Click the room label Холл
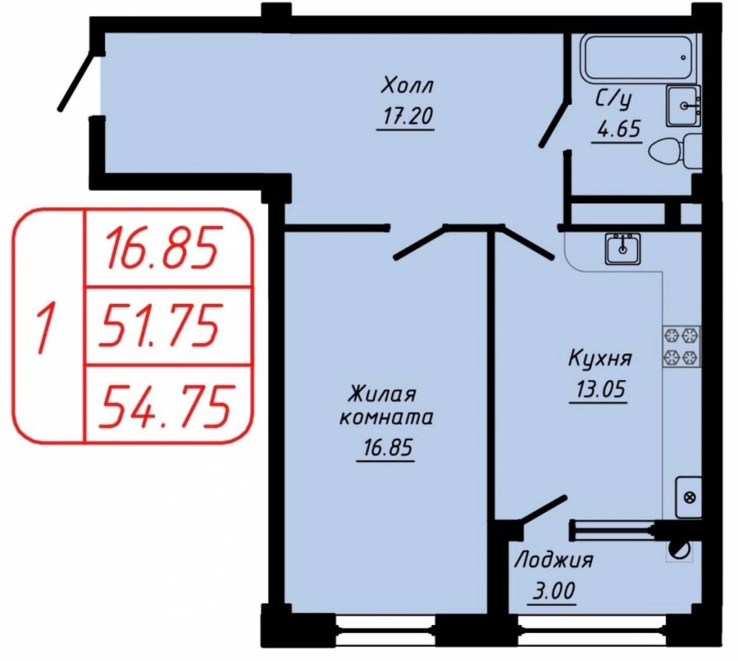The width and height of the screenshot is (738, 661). (x=407, y=86)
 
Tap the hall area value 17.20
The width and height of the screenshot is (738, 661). (x=407, y=117)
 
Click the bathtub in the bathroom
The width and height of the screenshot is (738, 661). (x=638, y=57)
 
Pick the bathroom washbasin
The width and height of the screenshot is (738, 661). (x=683, y=105)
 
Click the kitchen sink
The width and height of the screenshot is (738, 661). (x=623, y=249)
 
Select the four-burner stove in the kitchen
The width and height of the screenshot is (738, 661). (x=681, y=346)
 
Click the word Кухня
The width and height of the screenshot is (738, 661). (x=600, y=359)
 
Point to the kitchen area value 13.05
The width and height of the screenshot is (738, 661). (x=599, y=389)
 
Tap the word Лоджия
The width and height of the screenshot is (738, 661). (x=553, y=561)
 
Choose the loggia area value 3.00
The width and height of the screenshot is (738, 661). (x=553, y=591)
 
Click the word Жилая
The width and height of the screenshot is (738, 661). (x=382, y=394)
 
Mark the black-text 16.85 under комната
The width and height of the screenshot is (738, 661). (x=387, y=448)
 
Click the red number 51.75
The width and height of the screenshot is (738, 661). (x=159, y=325)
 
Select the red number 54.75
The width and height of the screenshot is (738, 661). (x=165, y=404)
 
